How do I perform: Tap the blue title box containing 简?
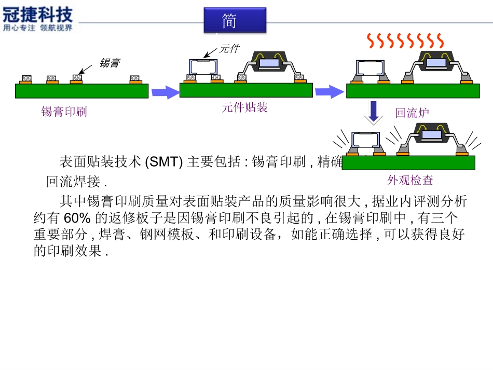point(235,20)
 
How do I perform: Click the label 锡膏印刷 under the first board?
point(64,112)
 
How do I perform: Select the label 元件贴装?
point(245,108)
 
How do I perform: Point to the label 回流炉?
point(413,113)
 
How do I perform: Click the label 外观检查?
point(410,180)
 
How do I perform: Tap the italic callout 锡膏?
point(110,63)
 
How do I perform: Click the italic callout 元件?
point(229,49)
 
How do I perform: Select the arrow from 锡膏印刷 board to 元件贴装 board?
point(165,92)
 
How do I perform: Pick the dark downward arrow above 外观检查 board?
point(373,112)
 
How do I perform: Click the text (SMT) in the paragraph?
point(162,162)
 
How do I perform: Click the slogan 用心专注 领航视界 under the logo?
point(38,28)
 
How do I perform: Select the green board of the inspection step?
point(408,163)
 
